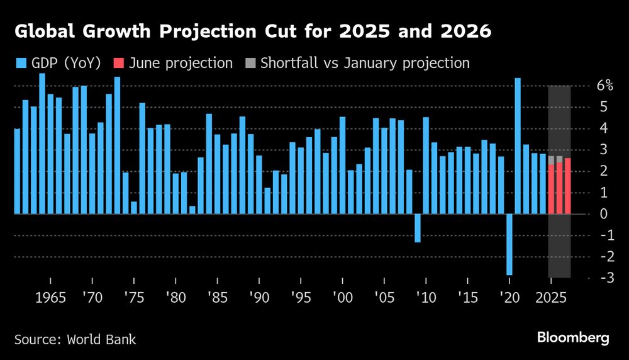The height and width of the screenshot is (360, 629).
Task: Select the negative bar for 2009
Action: pyautogui.click(x=418, y=228)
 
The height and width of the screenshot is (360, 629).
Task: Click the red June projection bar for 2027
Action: pyautogui.click(x=568, y=186)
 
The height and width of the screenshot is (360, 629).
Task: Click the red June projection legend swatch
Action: pyautogui.click(x=118, y=63)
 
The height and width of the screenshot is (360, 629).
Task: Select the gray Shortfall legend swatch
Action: pyautogui.click(x=250, y=63)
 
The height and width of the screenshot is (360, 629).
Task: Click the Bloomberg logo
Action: pyautogui.click(x=573, y=338)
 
